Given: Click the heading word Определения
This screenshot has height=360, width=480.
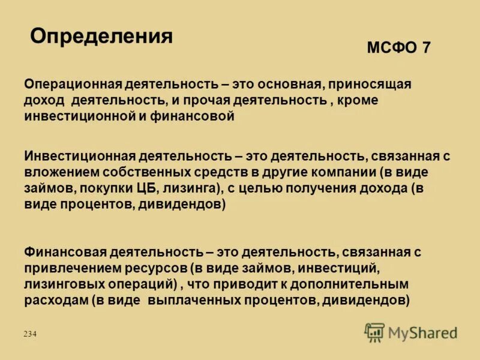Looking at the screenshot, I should (x=101, y=37).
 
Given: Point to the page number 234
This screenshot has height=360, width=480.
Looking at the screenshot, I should (x=30, y=334).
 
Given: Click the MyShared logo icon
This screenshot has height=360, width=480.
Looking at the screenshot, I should (x=374, y=332).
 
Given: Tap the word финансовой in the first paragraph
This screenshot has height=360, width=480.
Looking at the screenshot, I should (x=197, y=116).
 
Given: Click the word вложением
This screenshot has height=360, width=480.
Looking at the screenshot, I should (x=60, y=172).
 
